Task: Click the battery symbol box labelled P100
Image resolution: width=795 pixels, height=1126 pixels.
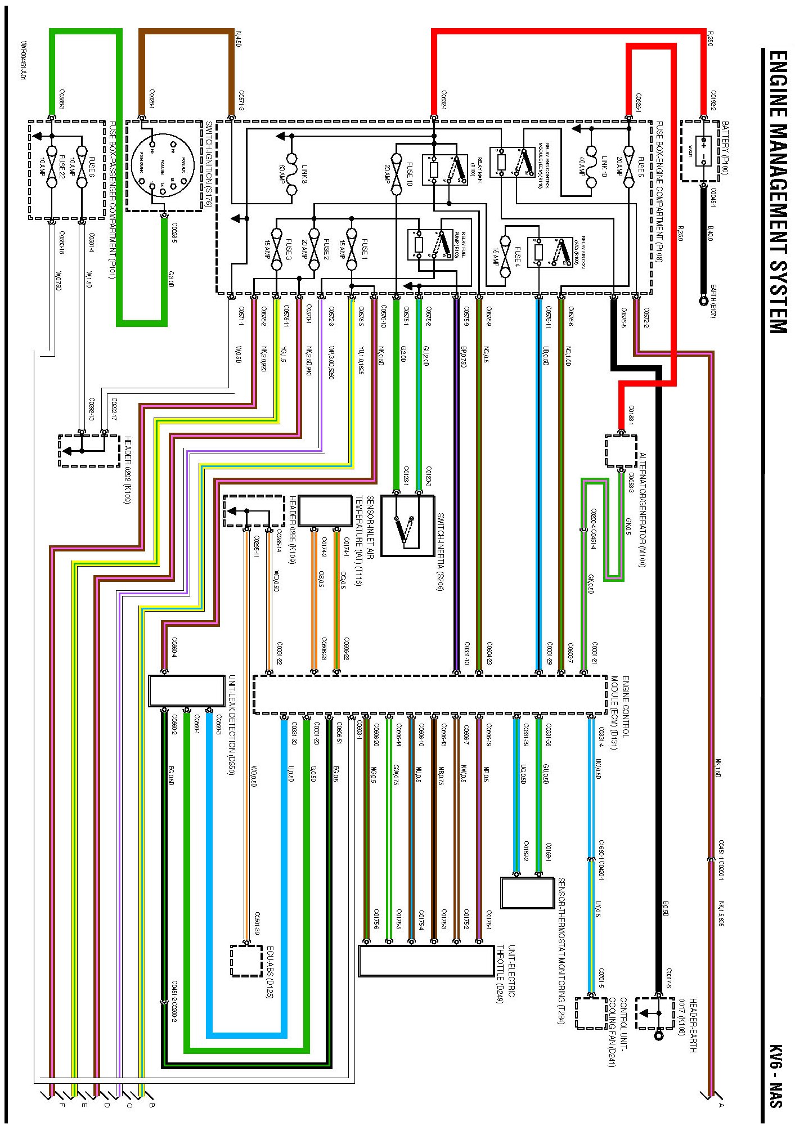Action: coord(703,151)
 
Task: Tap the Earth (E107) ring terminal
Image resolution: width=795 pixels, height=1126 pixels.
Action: coord(703,301)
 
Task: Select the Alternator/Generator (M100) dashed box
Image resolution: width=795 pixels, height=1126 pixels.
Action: coord(621,451)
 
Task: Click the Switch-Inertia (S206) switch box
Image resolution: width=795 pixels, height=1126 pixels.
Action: coord(407,526)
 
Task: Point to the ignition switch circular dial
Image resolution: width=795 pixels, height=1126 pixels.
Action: coord(164,165)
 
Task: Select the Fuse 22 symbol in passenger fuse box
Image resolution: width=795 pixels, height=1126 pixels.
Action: coord(52,167)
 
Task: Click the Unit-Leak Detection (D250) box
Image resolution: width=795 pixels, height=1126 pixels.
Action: coord(186,690)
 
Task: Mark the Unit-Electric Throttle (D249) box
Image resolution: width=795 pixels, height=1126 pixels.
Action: coord(426,961)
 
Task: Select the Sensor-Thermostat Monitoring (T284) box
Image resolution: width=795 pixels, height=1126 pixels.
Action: coord(527,892)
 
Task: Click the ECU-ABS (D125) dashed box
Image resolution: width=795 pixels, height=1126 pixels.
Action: coord(246,961)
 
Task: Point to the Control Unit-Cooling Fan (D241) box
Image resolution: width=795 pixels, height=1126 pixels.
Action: coord(591,1013)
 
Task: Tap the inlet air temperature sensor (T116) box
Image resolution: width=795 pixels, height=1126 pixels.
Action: coord(325,511)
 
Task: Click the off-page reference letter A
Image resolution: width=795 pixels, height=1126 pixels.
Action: coord(721,1105)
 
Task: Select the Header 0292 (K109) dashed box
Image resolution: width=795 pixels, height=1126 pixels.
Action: coord(89,451)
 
